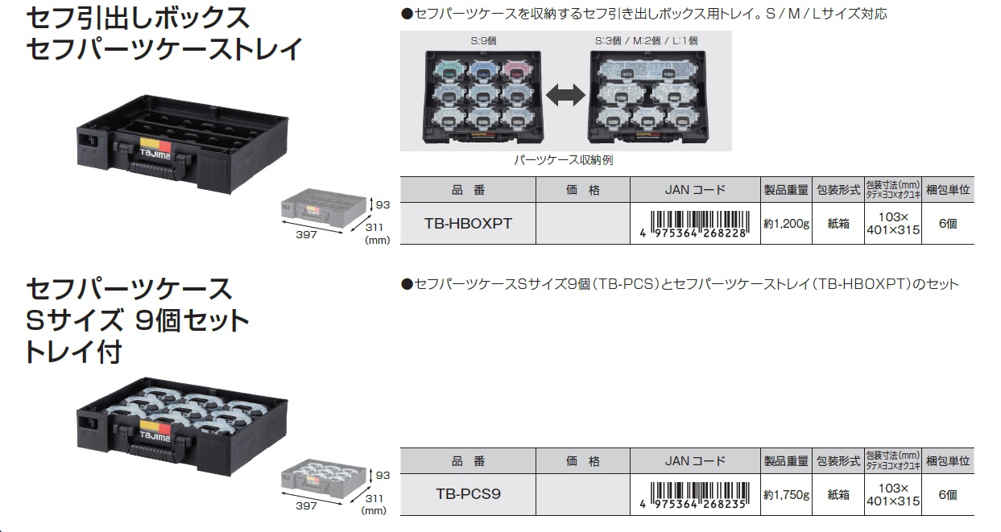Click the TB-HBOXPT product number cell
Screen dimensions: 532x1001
coord(468,224)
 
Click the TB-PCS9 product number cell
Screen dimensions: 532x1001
coord(468,493)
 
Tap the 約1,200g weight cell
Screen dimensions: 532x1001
coord(786,224)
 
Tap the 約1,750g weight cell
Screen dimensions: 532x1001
coord(786,494)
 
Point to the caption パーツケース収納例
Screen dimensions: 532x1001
coord(564,160)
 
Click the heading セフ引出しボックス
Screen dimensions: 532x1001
coord(138,17)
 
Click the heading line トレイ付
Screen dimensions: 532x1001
coord(72,352)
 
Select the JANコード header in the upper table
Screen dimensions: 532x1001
coord(694,191)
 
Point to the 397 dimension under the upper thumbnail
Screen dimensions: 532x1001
coord(306,234)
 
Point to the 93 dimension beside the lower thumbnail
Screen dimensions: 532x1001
coord(382,476)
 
